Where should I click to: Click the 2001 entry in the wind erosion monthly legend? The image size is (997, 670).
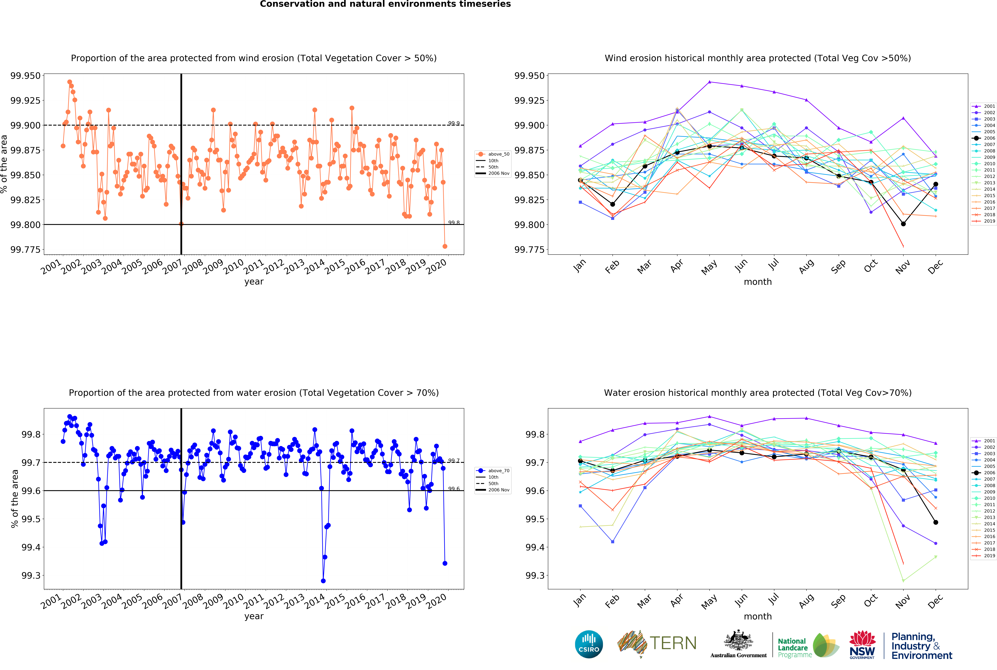(x=983, y=106)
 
